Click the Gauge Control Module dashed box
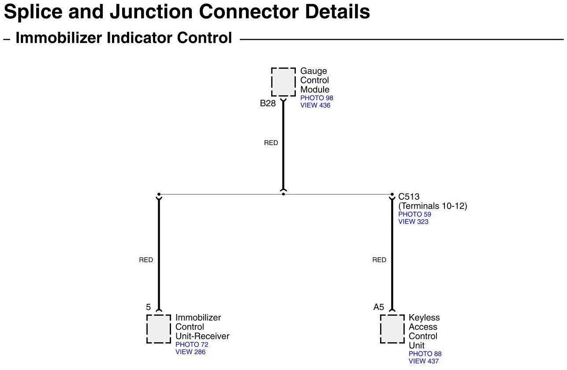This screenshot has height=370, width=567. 283,82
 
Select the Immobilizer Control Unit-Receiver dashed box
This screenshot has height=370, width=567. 159,329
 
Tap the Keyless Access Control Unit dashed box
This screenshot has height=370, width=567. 392,329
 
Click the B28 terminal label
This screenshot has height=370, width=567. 268,104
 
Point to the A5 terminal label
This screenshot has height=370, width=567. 379,307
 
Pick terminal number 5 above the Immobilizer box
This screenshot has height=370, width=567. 148,307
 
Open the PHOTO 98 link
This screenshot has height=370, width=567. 317,98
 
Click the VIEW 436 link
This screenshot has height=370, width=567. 315,105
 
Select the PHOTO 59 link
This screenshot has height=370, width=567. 414,214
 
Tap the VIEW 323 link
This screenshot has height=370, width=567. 413,222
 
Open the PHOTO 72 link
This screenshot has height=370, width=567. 192,344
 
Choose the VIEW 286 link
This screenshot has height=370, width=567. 190,352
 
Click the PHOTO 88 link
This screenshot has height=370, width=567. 425,354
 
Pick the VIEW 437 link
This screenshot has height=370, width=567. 424,361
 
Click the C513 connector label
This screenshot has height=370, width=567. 409,197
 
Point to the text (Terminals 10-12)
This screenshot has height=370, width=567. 433,206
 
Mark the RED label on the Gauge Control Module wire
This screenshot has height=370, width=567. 271,143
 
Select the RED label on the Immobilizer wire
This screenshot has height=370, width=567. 146,260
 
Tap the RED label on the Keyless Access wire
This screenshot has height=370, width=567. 379,260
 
